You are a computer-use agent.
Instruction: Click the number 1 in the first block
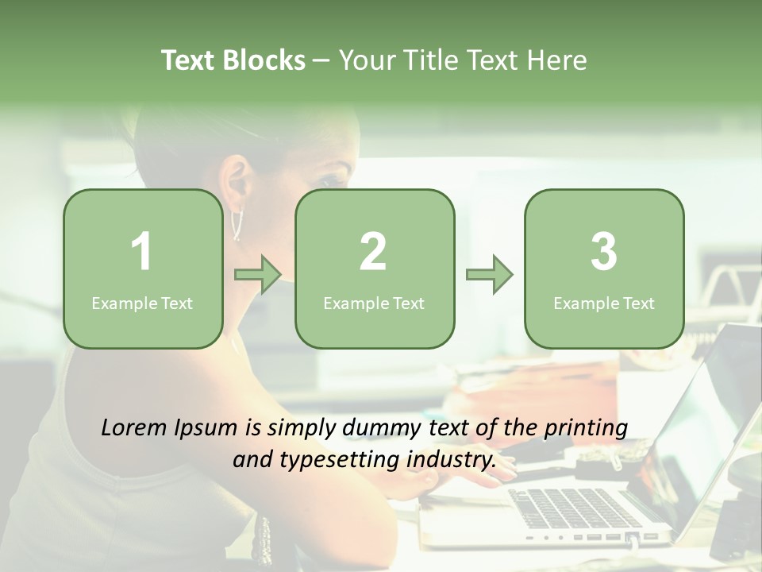142,252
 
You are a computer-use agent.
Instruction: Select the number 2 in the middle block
373,252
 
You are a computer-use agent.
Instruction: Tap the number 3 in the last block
604,252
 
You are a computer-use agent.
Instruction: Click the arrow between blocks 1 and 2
258,275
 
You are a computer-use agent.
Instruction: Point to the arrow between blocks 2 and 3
490,275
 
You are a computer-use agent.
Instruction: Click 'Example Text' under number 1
142,303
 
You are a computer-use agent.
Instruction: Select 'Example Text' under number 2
374,303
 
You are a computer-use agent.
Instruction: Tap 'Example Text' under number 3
604,303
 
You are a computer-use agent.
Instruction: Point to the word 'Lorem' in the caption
135,427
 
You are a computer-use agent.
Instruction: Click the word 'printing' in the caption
586,427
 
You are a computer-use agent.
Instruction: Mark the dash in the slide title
321,60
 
